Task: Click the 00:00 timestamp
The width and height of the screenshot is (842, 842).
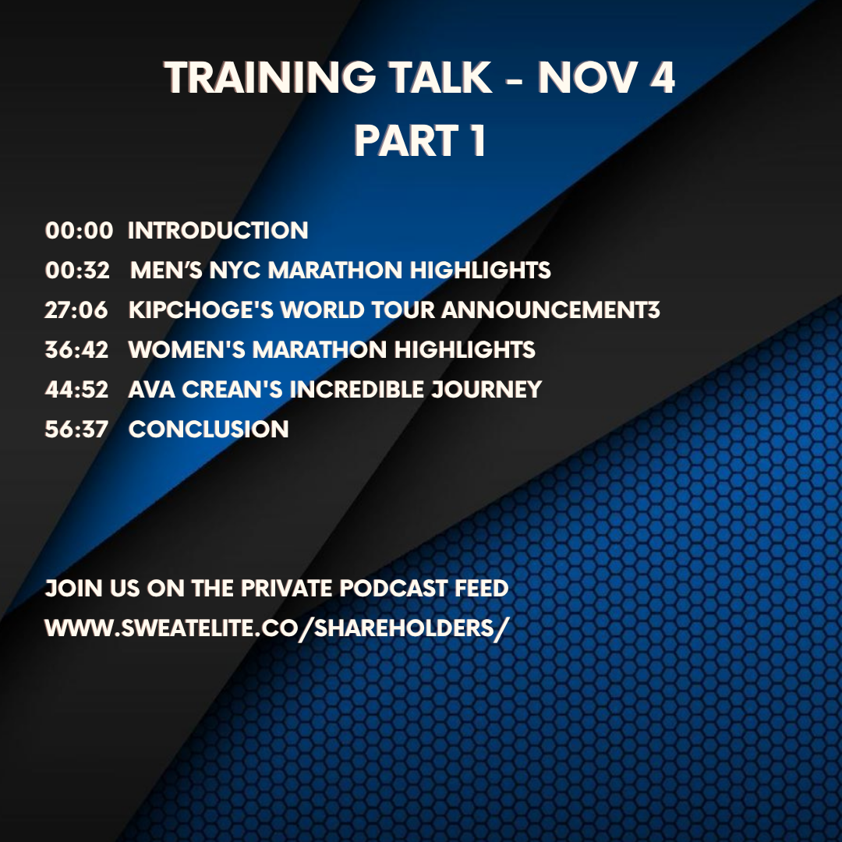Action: [79, 231]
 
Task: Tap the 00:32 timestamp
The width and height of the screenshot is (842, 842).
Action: [77, 271]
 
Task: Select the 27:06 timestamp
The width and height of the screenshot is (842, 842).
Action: [76, 310]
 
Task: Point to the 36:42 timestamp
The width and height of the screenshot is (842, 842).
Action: [76, 349]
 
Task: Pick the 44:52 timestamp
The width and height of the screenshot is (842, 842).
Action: [76, 389]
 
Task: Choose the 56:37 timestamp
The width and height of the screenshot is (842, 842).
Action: [76, 429]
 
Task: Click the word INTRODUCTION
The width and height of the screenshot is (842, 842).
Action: [218, 231]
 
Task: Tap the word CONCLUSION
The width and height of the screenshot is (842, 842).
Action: [209, 429]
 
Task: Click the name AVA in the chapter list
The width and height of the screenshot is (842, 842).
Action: [148, 389]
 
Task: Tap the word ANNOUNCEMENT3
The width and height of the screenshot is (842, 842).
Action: [551, 310]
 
